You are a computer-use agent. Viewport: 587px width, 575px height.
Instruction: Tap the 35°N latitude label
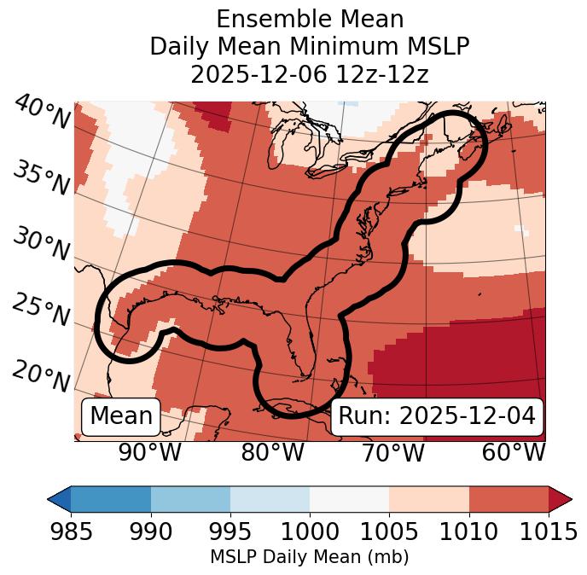[x=41, y=177]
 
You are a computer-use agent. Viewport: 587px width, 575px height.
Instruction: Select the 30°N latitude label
[x=40, y=245]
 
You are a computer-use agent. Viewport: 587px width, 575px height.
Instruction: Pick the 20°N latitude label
[x=41, y=376]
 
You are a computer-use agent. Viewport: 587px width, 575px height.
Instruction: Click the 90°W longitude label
[x=150, y=453]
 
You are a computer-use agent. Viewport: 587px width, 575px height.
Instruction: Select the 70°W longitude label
[x=392, y=453]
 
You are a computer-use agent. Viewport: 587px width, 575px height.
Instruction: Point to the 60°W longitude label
[x=514, y=453]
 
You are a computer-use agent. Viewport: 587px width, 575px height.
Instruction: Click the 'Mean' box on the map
[x=121, y=416]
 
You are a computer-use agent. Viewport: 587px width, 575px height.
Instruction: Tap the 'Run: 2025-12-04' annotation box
[x=437, y=416]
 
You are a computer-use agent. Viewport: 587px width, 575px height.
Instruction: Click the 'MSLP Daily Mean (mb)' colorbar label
[x=309, y=558]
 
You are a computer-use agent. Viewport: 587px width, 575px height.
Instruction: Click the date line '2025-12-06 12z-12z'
[x=309, y=75]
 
